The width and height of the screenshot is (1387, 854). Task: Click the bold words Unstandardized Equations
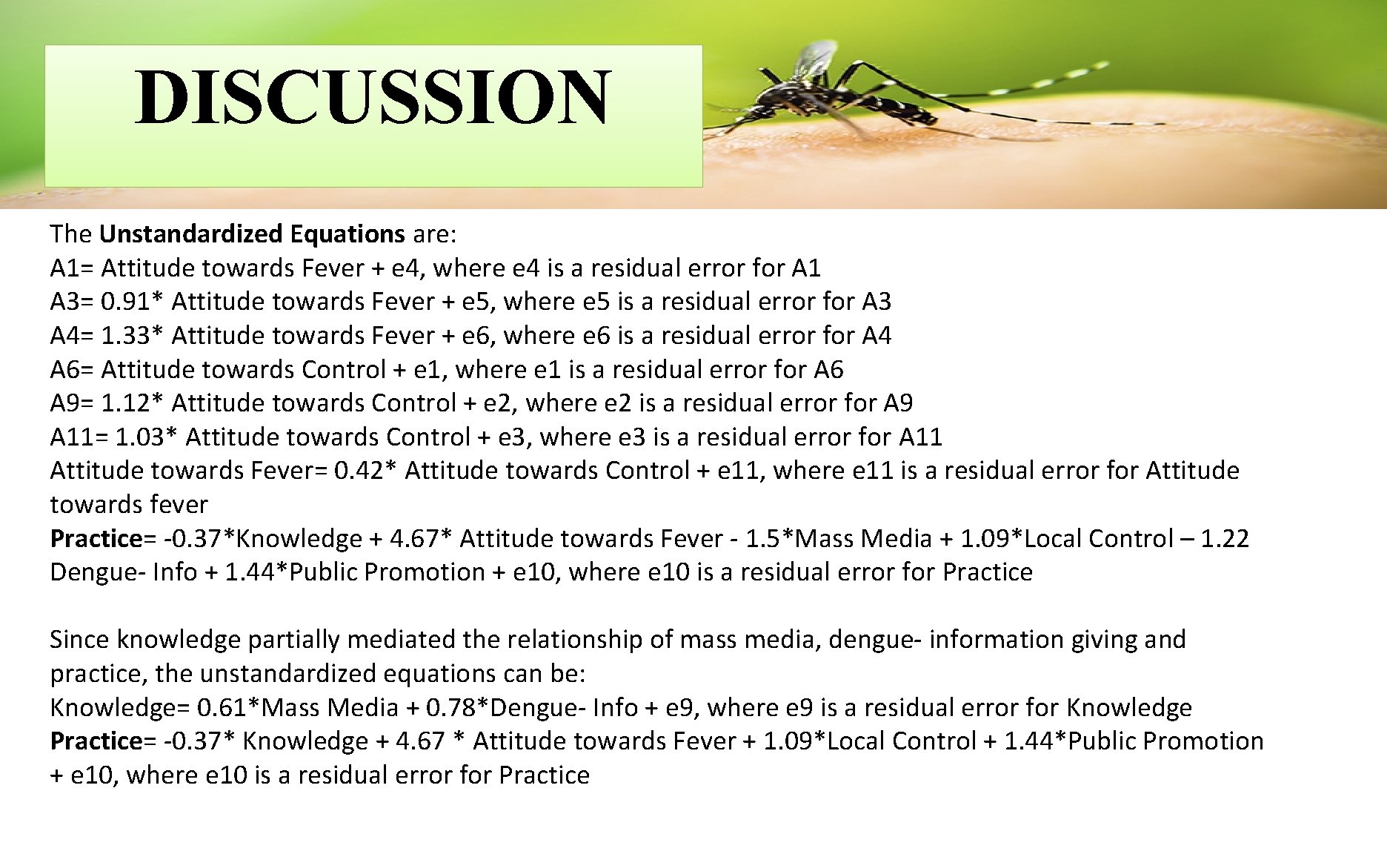252,234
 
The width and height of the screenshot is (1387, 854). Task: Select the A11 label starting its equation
72,437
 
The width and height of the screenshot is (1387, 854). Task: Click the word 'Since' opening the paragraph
80,640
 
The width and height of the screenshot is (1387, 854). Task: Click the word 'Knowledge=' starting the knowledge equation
119,708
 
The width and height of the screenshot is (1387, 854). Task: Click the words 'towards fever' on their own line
129,505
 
